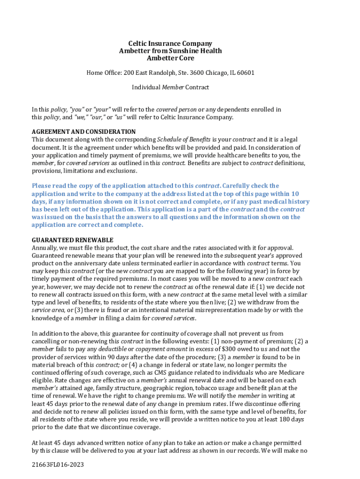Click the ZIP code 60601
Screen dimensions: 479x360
245,73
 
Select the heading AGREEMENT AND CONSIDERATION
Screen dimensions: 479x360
84,132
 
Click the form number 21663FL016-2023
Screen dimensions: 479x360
58,465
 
